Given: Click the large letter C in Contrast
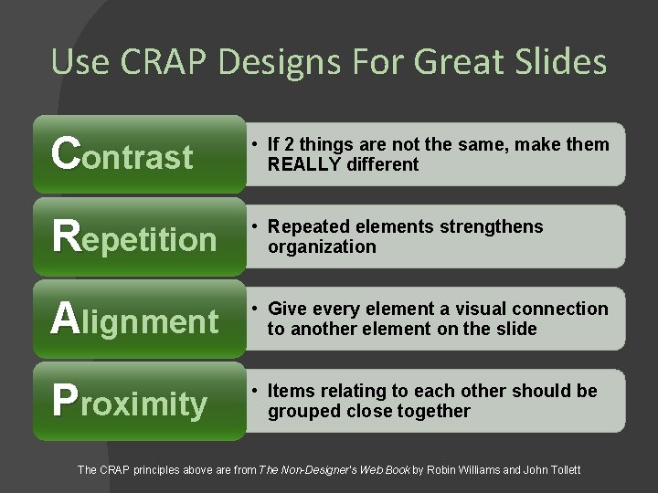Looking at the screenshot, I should (65, 153).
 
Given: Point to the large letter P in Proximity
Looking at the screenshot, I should (64, 400).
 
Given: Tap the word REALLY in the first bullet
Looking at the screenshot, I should (303, 165).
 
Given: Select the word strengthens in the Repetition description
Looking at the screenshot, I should (497, 227).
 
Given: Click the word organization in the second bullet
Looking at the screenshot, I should (322, 247).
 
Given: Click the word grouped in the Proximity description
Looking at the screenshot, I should (302, 412).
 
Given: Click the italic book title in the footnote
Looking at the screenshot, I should (334, 469).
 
